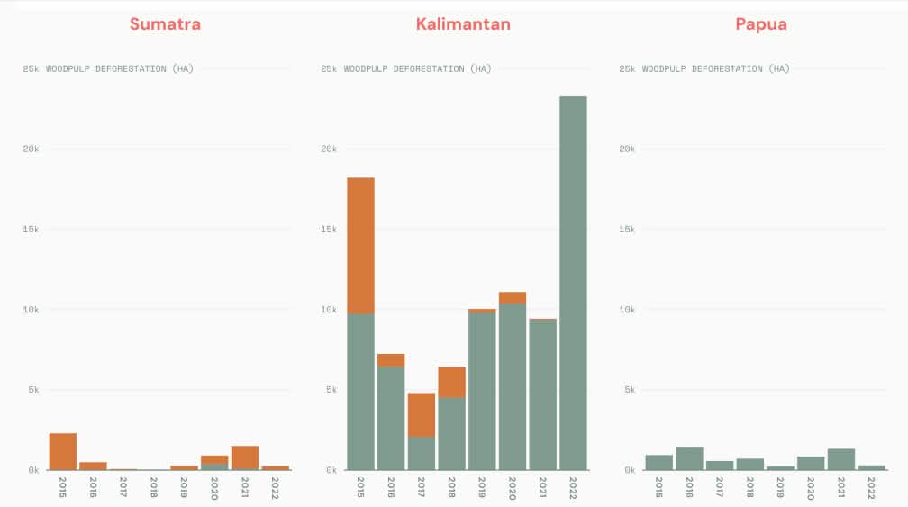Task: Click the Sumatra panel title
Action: click(x=165, y=24)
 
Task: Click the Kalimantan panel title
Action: click(x=463, y=24)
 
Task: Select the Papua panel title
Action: click(x=761, y=24)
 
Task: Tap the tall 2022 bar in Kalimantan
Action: click(x=573, y=283)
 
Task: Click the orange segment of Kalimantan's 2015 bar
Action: click(x=360, y=245)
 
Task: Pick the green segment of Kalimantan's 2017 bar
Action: click(x=421, y=453)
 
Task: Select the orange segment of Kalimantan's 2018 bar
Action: click(x=451, y=382)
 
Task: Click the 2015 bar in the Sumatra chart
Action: click(x=63, y=451)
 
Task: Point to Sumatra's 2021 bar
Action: click(x=245, y=457)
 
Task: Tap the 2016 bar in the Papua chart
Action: click(x=689, y=458)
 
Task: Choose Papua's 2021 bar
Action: click(x=840, y=459)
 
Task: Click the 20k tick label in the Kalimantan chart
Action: click(x=329, y=149)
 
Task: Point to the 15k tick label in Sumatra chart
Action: click(x=31, y=230)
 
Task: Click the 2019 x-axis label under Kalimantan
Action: click(x=482, y=487)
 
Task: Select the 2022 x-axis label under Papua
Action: click(x=871, y=487)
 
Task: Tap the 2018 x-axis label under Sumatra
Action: click(x=154, y=487)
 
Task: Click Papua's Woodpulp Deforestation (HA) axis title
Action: click(x=715, y=68)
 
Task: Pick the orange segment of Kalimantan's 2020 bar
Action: click(x=512, y=298)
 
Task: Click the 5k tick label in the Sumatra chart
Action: click(x=32, y=390)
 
